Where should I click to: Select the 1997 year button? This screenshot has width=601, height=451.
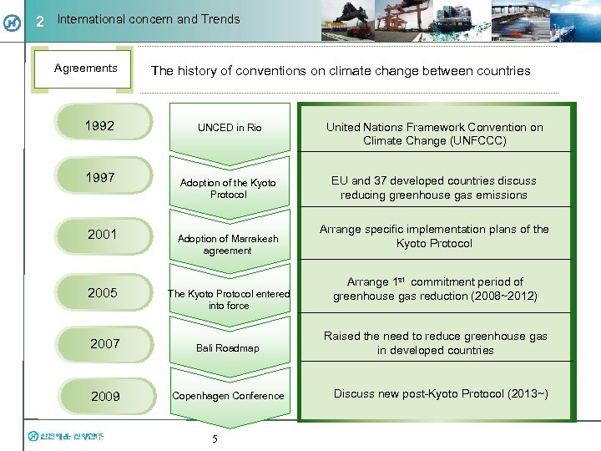click(103, 179)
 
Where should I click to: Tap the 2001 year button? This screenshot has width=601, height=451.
click(103, 235)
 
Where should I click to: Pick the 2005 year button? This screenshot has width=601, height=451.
click(103, 292)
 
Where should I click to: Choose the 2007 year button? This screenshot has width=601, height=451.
click(105, 343)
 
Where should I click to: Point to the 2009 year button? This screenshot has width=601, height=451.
click(105, 397)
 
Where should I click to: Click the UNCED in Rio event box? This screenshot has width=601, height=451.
click(230, 128)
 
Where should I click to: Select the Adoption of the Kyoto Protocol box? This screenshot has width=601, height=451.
click(229, 188)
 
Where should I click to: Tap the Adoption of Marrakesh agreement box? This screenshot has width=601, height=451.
click(229, 244)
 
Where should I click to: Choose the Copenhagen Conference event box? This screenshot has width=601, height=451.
click(229, 396)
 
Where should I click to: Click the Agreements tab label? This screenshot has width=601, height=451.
click(85, 68)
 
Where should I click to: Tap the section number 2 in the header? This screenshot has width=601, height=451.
click(39, 22)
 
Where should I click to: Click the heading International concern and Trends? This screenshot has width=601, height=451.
click(149, 19)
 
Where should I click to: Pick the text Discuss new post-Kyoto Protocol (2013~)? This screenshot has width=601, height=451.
click(441, 394)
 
